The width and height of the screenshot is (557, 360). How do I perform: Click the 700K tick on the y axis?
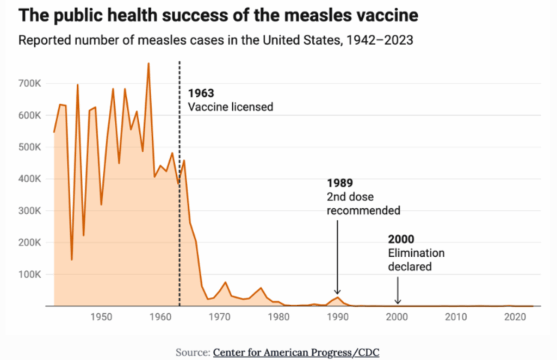click(x=30, y=83)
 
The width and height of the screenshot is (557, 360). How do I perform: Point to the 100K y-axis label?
click(x=30, y=275)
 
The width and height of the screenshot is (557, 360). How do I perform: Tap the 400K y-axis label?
click(x=30, y=179)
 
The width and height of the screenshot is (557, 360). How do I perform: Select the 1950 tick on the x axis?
click(x=101, y=316)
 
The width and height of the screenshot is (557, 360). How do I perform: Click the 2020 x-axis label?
click(x=515, y=316)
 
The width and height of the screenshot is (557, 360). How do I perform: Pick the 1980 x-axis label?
click(x=278, y=316)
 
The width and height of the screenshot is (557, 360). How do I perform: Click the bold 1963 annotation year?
click(x=201, y=94)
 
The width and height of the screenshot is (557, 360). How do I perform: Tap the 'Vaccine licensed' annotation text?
click(x=231, y=107)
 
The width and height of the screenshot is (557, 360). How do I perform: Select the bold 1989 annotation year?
click(x=340, y=183)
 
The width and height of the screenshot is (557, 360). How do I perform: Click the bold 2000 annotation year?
click(x=401, y=239)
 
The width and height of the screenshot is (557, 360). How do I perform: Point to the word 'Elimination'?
click(x=416, y=253)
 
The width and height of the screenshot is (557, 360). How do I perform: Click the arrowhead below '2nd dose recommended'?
click(x=337, y=291)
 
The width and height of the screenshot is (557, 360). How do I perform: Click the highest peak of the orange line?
click(x=148, y=63)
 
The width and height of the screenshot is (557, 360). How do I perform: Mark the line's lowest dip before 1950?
click(x=72, y=260)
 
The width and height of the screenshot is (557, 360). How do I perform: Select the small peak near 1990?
click(x=337, y=297)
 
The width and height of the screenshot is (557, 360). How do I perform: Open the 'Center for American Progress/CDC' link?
click(x=296, y=352)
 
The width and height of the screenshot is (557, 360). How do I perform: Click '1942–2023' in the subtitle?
click(x=380, y=40)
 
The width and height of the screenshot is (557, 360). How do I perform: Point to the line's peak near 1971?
click(x=225, y=282)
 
